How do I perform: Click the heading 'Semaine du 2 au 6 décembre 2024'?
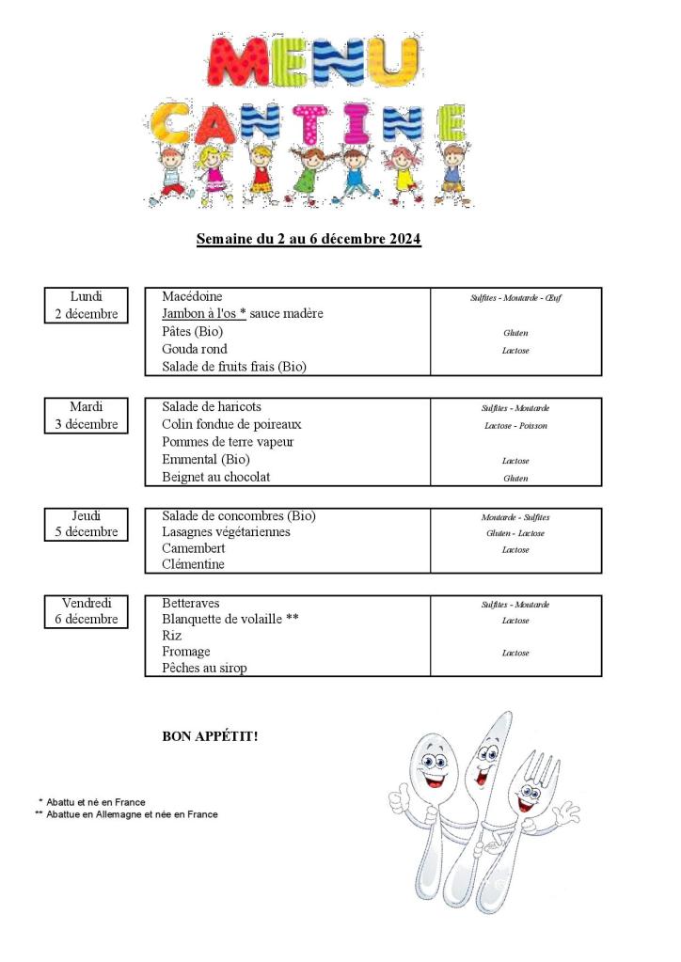309,239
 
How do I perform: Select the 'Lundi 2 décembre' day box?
87,306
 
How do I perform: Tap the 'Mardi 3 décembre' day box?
87,416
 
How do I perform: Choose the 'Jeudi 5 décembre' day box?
87,524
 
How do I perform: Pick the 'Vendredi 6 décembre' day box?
87,611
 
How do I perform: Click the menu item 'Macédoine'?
192,297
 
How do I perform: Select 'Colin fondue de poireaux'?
231,425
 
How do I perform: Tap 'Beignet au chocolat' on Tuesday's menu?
215,478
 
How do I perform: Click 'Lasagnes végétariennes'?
226,532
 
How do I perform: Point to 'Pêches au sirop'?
204,669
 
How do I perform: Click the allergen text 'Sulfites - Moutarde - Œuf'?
515,298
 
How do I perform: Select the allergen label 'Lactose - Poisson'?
515,426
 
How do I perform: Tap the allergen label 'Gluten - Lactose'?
515,533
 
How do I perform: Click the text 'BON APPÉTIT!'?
210,736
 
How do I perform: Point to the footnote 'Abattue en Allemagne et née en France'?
131,814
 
